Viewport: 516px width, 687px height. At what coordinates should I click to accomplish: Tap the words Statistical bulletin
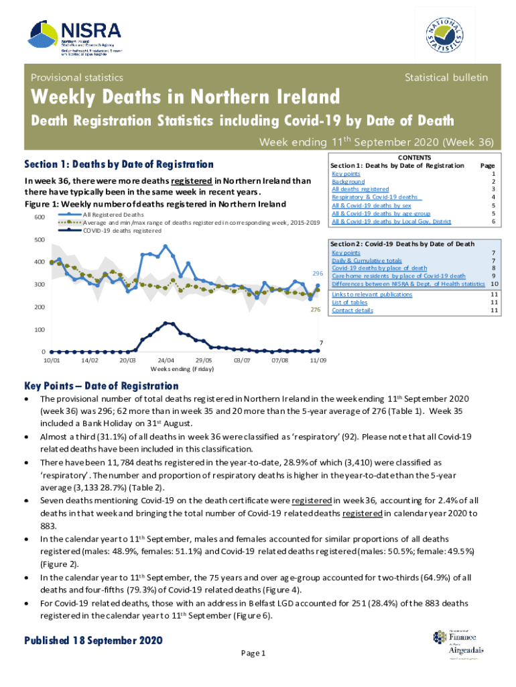pos(446,78)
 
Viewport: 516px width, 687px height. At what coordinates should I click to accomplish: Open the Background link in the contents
pos(348,182)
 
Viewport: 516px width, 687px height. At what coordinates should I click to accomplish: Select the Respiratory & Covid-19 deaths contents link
pos(376,197)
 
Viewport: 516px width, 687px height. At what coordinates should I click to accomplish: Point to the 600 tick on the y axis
pos(39,217)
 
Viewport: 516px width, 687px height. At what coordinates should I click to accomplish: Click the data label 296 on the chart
pos(318,274)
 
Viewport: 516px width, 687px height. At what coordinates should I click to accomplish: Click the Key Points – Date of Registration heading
pos(101,386)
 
